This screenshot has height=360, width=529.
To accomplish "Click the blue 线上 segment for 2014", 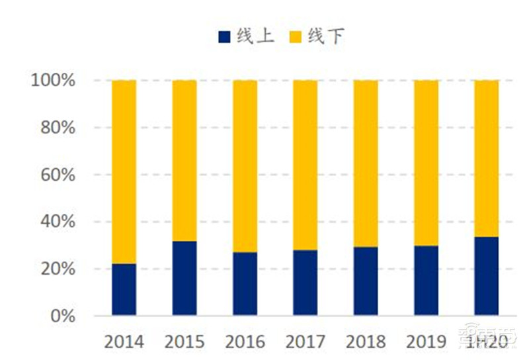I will pyautogui.click(x=124, y=289).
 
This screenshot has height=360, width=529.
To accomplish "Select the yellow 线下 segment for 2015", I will pyautogui.click(x=184, y=161).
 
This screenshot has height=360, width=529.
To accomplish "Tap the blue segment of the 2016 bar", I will pyautogui.click(x=245, y=283).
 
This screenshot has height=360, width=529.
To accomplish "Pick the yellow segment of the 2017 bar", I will pyautogui.click(x=305, y=165).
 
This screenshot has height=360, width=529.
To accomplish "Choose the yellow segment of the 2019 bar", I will pyautogui.click(x=426, y=163).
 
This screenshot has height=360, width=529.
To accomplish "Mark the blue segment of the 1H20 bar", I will pyautogui.click(x=486, y=275).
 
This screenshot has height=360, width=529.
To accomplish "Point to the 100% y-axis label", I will pyautogui.click(x=54, y=81).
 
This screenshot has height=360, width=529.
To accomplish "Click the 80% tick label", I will pyautogui.click(x=58, y=128).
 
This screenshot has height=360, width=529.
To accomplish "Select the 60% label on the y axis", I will pyautogui.click(x=58, y=175).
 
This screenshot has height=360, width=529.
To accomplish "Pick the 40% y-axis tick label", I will pyautogui.click(x=58, y=222).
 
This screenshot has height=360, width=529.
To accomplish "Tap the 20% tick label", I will pyautogui.click(x=58, y=269).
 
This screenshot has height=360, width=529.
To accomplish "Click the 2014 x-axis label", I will pyautogui.click(x=124, y=341).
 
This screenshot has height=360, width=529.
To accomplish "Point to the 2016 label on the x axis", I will pyautogui.click(x=245, y=341).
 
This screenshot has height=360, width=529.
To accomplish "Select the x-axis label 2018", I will pyautogui.click(x=365, y=341).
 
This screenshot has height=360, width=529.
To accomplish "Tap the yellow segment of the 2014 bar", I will pyautogui.click(x=124, y=172).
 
